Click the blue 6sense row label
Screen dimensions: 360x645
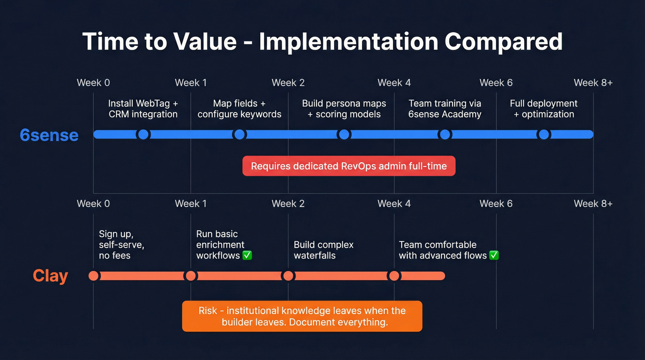point(49,135)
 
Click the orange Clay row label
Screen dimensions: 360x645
point(50,276)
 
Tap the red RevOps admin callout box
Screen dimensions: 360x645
point(349,166)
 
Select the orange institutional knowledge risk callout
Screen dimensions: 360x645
point(302,316)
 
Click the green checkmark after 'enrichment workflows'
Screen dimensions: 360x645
point(247,255)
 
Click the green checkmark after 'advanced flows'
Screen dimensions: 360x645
point(494,255)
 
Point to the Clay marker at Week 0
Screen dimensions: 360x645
point(94,276)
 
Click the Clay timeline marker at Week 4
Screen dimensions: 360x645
point(394,276)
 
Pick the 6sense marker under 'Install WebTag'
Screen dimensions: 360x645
point(143,134)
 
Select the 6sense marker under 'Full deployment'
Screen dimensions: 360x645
point(544,134)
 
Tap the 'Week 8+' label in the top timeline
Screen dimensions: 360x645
point(593,83)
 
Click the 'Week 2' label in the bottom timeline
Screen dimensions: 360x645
point(288,204)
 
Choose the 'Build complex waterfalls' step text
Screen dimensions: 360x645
point(323,250)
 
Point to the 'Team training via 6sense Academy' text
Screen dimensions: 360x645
point(445,109)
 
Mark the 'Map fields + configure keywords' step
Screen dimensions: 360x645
point(239,109)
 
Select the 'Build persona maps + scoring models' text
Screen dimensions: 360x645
point(344,109)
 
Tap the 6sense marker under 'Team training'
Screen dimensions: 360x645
point(445,134)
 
